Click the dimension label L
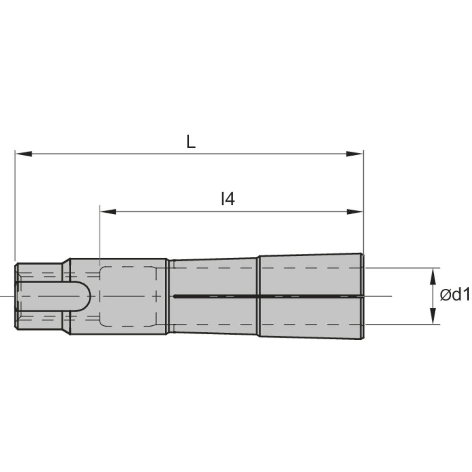point(190,142)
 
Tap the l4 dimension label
point(228,199)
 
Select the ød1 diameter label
point(455,295)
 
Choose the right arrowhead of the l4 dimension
point(354,211)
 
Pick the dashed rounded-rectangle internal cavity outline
point(127,296)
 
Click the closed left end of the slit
point(175,296)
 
